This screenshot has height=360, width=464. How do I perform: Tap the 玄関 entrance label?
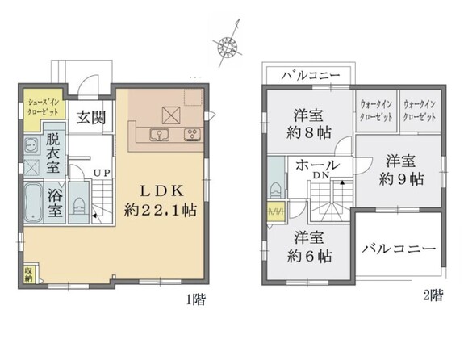coord(91,118)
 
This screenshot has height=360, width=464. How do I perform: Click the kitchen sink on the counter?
coord(159,136)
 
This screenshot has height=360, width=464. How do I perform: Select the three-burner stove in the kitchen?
coord(193,135)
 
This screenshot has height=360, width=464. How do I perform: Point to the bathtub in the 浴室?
coord(33,203)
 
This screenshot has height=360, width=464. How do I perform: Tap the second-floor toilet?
coord(276,190)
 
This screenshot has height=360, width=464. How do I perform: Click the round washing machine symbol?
coord(31,145)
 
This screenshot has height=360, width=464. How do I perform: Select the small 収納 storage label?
coord(29,274)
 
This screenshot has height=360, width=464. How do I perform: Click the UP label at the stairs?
coord(102,173)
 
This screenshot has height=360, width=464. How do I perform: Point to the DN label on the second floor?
coord(321,175)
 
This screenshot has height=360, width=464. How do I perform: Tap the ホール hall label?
coord(317,165)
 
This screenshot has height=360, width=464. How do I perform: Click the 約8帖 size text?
coord(309,133)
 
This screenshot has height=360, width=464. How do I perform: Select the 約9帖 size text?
coord(401,179)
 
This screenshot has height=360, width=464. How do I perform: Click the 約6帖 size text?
coord(309,256)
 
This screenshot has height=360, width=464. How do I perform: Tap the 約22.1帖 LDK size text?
coord(161,210)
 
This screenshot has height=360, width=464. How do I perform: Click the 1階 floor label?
coord(195,299)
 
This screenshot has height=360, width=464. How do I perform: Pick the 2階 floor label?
coord(433,295)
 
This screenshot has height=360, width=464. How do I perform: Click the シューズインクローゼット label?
coord(44,107)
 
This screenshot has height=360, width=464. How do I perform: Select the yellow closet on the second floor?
coord(276,211)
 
